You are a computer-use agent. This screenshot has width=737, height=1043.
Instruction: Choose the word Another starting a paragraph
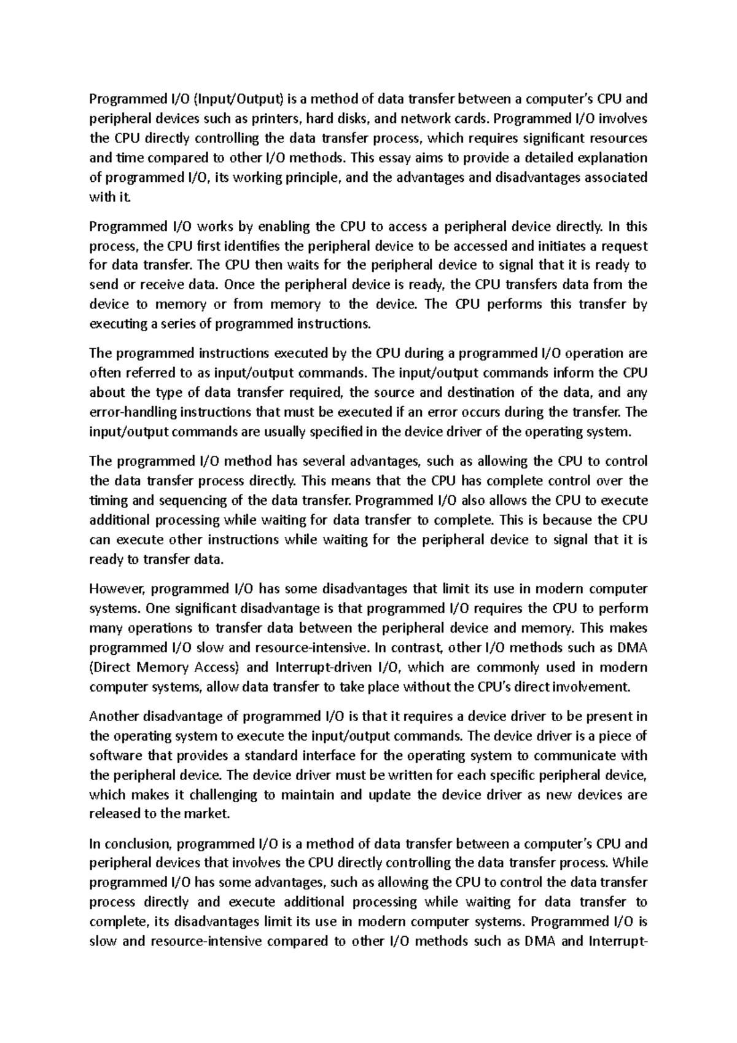pos(114,716)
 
